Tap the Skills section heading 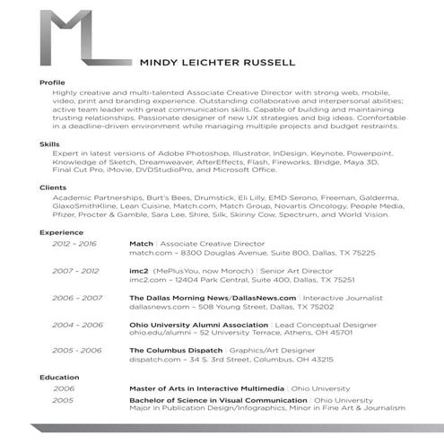[48, 144]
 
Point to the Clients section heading [52, 187]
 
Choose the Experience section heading [61, 231]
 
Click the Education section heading [59, 377]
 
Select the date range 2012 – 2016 [74, 243]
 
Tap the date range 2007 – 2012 [74, 269]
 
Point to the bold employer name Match [142, 243]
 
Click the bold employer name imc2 [139, 269]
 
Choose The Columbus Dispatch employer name [173, 351]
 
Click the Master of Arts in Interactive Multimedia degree [205, 388]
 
